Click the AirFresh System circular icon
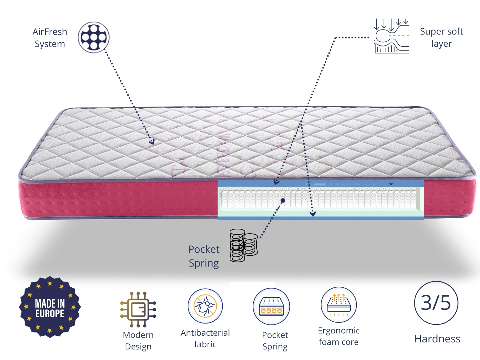point(93,37)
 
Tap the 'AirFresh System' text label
point(50,38)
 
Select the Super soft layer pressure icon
point(391,36)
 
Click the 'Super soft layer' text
point(441,37)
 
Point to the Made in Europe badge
point(50,307)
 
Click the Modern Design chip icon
point(138,309)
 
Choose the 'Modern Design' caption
point(138,341)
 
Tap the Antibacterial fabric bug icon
point(205,306)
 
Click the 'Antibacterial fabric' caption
point(205,339)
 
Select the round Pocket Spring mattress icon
point(271,307)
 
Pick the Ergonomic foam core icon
point(339,305)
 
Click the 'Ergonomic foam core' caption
point(339,336)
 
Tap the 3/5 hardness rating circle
point(436,303)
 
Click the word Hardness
point(437,339)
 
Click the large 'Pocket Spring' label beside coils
point(204,256)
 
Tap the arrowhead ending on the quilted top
point(152,141)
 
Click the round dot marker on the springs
point(283,201)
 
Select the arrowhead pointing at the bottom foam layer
point(313,214)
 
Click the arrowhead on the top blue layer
point(276,182)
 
